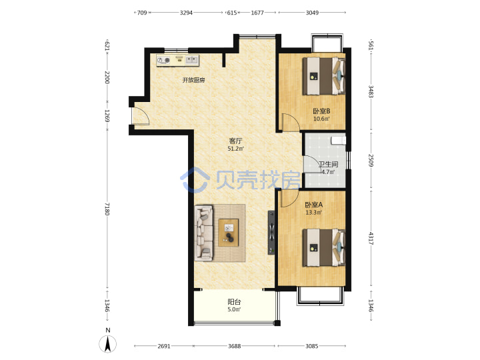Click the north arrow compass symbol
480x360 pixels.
point(107,343)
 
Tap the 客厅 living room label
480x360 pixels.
point(235,141)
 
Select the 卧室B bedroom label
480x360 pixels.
point(321,111)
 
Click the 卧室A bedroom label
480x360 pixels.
point(314,205)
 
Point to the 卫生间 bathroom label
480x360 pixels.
point(329,165)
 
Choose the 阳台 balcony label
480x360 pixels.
point(234,302)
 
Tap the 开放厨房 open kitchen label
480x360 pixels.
point(193,80)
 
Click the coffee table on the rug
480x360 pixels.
point(229,233)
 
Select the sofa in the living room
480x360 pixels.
point(203,233)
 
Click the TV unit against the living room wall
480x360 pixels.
point(271,233)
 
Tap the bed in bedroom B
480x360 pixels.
point(323,76)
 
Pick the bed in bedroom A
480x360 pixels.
point(323,247)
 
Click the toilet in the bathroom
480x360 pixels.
point(339,141)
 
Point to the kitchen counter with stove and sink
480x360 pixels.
point(177,60)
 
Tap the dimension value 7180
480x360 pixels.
point(107,209)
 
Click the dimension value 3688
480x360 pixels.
point(234,346)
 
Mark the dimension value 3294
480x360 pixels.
point(186,13)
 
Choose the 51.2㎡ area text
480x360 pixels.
point(235,149)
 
